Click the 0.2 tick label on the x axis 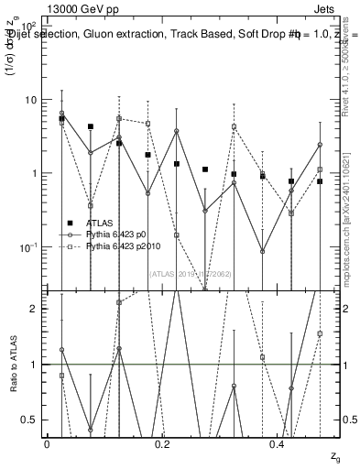pyautogui.click(x=162, y=445)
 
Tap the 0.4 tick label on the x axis pyautogui.click(x=278, y=445)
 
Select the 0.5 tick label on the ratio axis pyautogui.click(x=30, y=420)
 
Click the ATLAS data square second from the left pyautogui.click(x=91, y=127)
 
